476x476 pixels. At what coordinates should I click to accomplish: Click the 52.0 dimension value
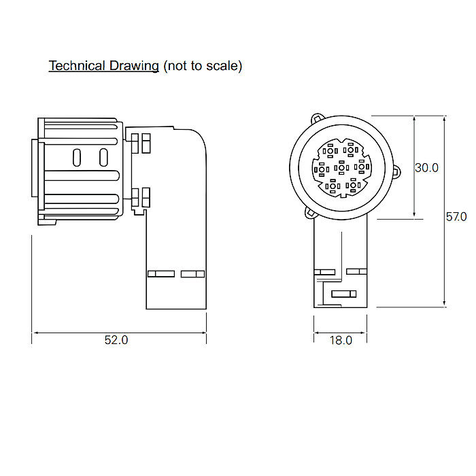pyautogui.click(x=116, y=340)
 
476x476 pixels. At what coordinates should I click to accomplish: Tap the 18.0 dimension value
pyautogui.click(x=341, y=340)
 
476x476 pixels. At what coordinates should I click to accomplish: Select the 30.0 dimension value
pyautogui.click(x=426, y=167)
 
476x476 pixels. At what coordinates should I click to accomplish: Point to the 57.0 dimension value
pyautogui.click(x=456, y=217)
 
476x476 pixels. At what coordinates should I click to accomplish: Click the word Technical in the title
pyautogui.click(x=77, y=65)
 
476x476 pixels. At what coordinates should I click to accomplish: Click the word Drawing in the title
pyautogui.click(x=134, y=66)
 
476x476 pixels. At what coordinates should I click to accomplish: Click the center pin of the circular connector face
pyautogui.click(x=341, y=167)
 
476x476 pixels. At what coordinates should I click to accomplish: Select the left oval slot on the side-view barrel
pyautogui.click(x=77, y=158)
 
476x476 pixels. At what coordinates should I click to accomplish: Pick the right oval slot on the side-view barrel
pyautogui.click(x=103, y=157)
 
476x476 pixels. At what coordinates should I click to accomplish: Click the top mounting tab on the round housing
pyautogui.click(x=318, y=118)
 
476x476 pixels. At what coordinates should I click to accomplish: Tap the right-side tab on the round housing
pyautogui.click(x=396, y=171)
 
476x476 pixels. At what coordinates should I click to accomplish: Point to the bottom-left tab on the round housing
pyautogui.click(x=311, y=212)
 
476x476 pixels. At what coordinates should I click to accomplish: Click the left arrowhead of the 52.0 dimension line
pyautogui.click(x=35, y=333)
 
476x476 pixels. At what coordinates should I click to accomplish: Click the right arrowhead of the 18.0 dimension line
pyautogui.click(x=364, y=333)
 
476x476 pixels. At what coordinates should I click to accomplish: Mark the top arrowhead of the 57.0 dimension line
pyautogui.click(x=444, y=119)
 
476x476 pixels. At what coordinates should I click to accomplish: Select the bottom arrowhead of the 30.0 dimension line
pyautogui.click(x=414, y=216)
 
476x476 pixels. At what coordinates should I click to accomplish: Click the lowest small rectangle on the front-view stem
pyautogui.click(x=343, y=294)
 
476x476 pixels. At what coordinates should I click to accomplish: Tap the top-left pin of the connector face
pyautogui.click(x=330, y=151)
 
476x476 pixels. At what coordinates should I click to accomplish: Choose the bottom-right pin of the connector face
pyautogui.click(x=353, y=185)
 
